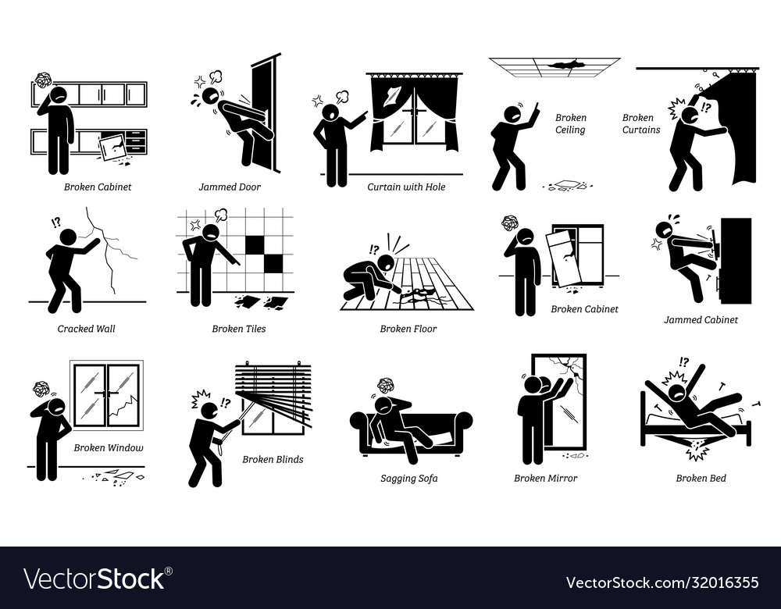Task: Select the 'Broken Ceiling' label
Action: pyautogui.click(x=570, y=124)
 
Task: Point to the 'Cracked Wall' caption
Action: pyautogui.click(x=86, y=329)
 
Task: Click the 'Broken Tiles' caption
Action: pyautogui.click(x=238, y=329)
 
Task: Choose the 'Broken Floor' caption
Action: pyautogui.click(x=408, y=329)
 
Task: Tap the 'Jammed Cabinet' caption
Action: pyautogui.click(x=700, y=319)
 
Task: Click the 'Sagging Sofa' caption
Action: pyautogui.click(x=410, y=479)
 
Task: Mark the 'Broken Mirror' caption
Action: pyautogui.click(x=545, y=479)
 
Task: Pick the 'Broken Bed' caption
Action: pyautogui.click(x=696, y=479)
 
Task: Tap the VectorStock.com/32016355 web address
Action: pyautogui.click(x=662, y=582)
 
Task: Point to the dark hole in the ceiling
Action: pyautogui.click(x=557, y=66)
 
